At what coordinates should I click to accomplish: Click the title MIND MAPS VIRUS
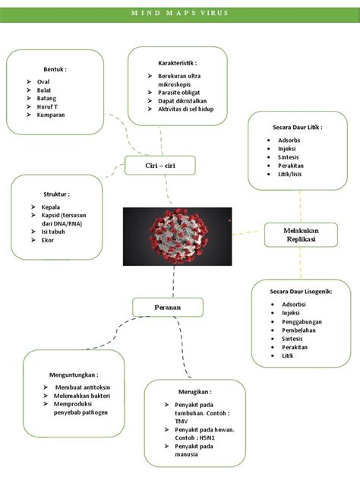coord(180,13)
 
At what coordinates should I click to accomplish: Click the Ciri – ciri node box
coord(159,166)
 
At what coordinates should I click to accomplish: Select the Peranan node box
coord(168,307)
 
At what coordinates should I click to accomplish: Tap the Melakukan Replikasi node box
coord(300,235)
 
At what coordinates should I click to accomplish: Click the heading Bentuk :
coord(55,68)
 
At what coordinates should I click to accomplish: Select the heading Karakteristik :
coord(178,62)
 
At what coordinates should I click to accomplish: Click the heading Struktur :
coord(56,194)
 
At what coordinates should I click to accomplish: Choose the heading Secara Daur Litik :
coord(292,127)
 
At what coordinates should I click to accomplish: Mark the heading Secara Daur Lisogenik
coord(301,292)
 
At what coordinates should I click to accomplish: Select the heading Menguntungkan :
coord(73,374)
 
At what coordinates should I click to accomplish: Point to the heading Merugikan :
coord(194,393)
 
